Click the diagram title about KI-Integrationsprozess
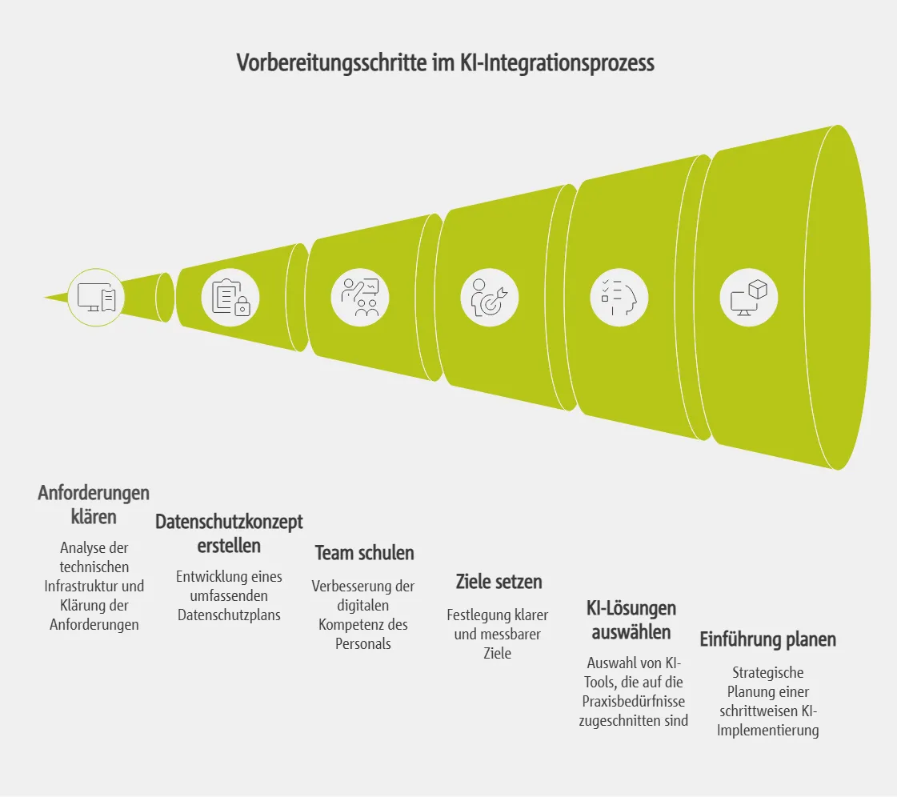(446, 63)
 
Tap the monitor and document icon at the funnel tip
(96, 298)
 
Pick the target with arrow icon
(489, 298)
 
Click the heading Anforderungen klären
(94, 504)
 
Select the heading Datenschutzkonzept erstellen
(229, 534)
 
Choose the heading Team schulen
(364, 552)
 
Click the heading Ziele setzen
(499, 582)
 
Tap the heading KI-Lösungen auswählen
(631, 620)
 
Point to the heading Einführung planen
(767, 639)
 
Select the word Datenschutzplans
(229, 615)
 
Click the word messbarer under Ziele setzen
(512, 634)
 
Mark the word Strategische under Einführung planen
(767, 672)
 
